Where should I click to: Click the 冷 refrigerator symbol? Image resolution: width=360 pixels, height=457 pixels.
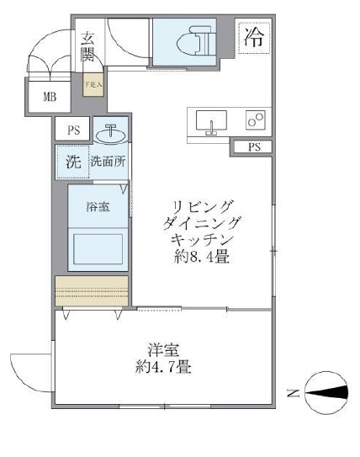pos(255,36)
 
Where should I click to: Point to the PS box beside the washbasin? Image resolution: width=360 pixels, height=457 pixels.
pos(72,130)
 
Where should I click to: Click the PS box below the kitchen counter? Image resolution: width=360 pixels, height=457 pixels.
pos(254,147)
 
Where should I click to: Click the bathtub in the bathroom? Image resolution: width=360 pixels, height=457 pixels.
pos(98,248)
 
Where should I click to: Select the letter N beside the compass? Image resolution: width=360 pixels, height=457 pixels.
pos(289,392)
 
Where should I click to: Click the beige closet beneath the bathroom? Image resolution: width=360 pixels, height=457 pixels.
pos(91,290)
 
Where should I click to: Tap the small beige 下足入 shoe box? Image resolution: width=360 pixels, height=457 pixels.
pos(92,84)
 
